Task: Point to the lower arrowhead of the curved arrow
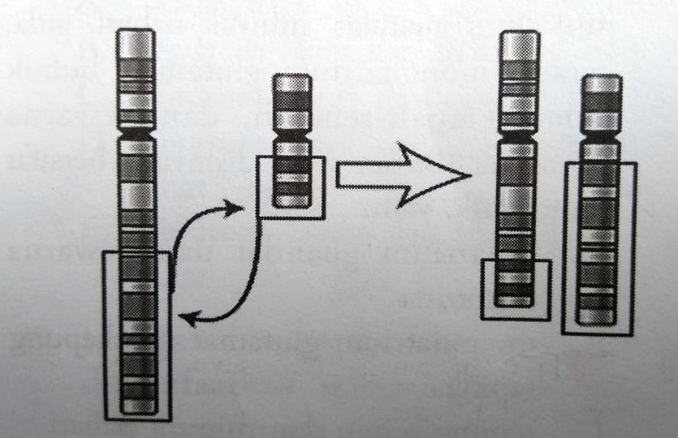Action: (x=185, y=321)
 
